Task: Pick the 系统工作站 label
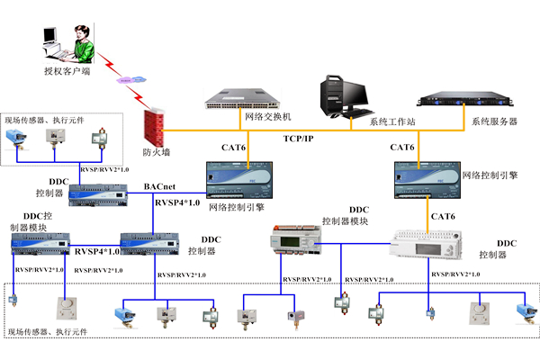(393, 121)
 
